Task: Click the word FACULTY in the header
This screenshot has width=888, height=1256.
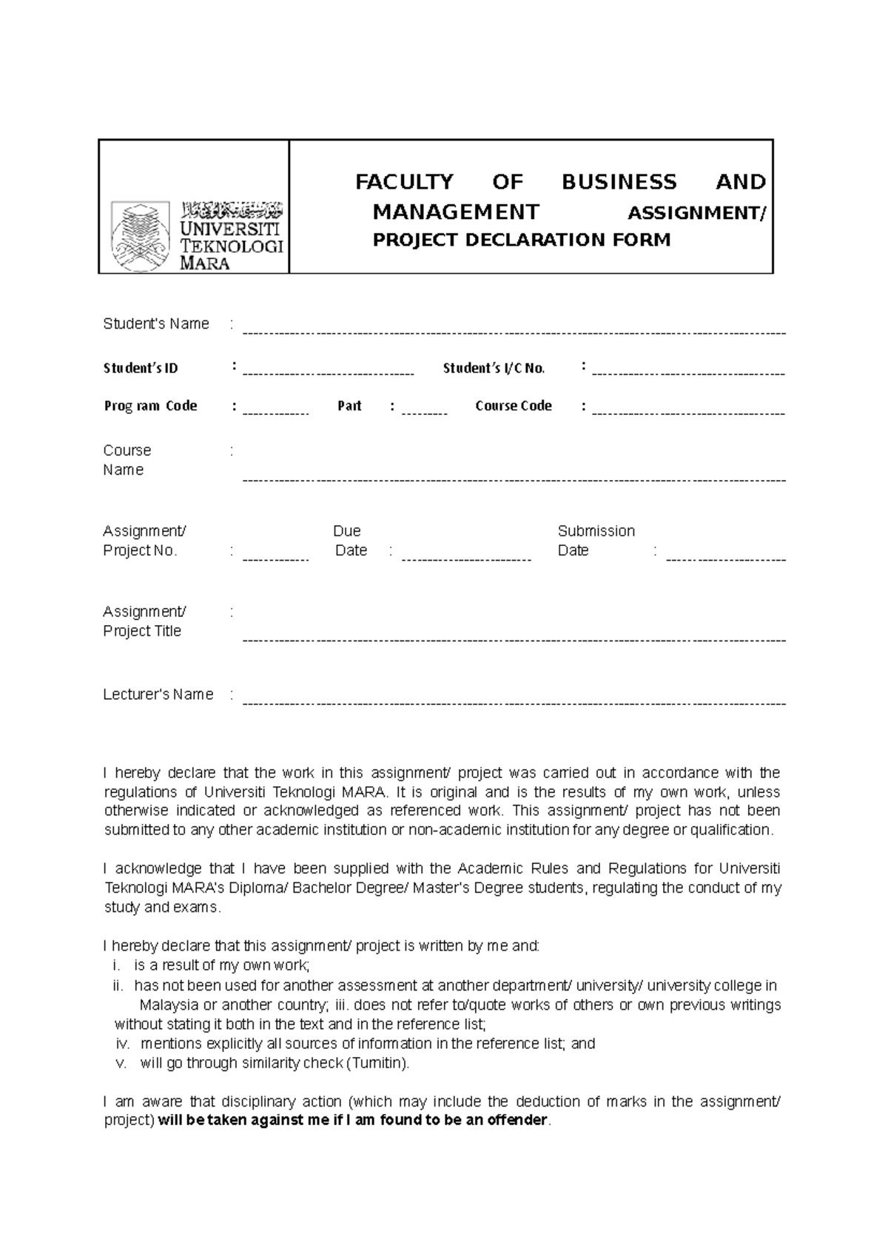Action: [404, 182]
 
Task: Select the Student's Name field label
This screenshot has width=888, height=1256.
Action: [156, 324]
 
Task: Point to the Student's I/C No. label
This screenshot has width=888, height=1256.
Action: [494, 368]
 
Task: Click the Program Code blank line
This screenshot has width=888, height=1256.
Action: [275, 411]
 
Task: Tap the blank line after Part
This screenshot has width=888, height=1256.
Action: [424, 411]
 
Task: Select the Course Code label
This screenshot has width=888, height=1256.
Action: [514, 405]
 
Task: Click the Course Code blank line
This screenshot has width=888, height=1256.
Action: [688, 411]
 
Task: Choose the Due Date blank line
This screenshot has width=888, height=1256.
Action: [466, 557]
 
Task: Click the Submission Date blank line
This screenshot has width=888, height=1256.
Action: [725, 557]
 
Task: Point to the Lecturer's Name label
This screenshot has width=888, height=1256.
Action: [158, 695]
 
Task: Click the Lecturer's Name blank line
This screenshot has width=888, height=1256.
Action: [514, 701]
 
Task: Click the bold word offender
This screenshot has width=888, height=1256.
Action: [511, 1120]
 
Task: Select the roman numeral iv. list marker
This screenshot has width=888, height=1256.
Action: [123, 1044]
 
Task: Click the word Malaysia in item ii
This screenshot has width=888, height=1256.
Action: [169, 1005]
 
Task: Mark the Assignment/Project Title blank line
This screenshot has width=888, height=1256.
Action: [514, 638]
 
